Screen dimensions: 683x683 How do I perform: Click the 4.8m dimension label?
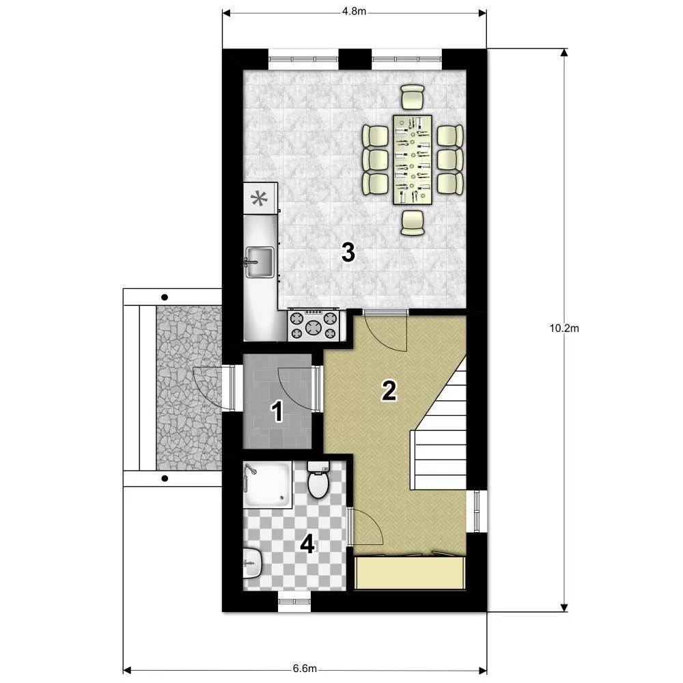[354, 12]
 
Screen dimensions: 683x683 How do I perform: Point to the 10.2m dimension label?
[564, 329]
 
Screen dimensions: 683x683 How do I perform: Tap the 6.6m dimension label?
[305, 669]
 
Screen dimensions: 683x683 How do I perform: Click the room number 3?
[348, 253]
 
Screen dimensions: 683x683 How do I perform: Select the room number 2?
[389, 390]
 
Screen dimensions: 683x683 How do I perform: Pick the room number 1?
[277, 412]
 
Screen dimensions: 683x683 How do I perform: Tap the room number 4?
[307, 544]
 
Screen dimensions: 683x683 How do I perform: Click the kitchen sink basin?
[260, 262]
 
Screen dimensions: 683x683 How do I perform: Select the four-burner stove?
[313, 325]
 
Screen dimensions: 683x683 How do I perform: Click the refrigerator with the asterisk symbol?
[260, 198]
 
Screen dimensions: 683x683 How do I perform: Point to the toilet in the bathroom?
[318, 480]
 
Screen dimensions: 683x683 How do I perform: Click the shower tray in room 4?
[268, 485]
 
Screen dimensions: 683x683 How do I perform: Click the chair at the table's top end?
[413, 97]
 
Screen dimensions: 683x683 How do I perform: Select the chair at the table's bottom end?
[413, 223]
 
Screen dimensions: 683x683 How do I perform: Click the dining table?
[413, 159]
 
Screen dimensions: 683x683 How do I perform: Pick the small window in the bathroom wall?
[294, 601]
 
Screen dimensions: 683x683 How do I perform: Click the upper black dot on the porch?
[165, 298]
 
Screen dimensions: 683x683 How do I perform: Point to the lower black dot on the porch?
[165, 479]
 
